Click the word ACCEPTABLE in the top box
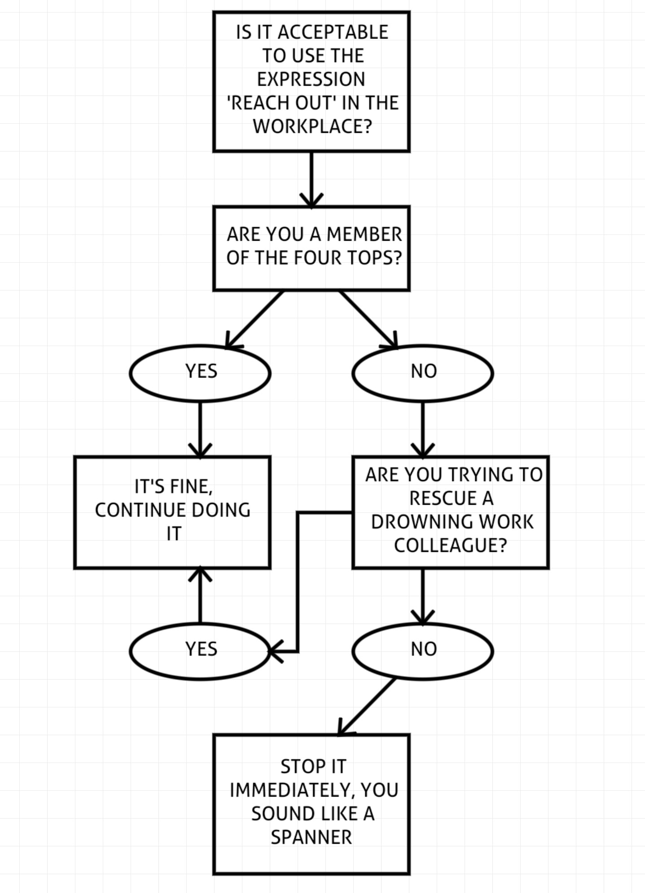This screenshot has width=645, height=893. pyautogui.click(x=333, y=32)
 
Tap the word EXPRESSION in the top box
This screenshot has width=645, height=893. pyautogui.click(x=311, y=79)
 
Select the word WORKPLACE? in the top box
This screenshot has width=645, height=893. pyautogui.click(x=312, y=126)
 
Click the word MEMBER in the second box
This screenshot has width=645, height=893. pyautogui.click(x=364, y=234)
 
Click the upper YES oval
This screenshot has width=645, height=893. pyautogui.click(x=200, y=373)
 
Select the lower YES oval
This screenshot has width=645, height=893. pyautogui.click(x=200, y=651)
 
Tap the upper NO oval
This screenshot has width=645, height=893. pyautogui.click(x=423, y=373)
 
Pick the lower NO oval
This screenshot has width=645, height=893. pyautogui.click(x=423, y=651)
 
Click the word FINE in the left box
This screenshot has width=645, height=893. pyautogui.click(x=193, y=487)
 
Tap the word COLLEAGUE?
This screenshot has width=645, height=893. pyautogui.click(x=451, y=546)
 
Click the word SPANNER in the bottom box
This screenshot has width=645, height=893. pyautogui.click(x=312, y=837)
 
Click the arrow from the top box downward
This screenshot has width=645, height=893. pyautogui.click(x=312, y=180)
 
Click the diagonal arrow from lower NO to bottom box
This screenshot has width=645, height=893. pyautogui.click(x=367, y=707)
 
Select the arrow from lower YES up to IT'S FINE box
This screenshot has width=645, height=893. pyautogui.click(x=200, y=595)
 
